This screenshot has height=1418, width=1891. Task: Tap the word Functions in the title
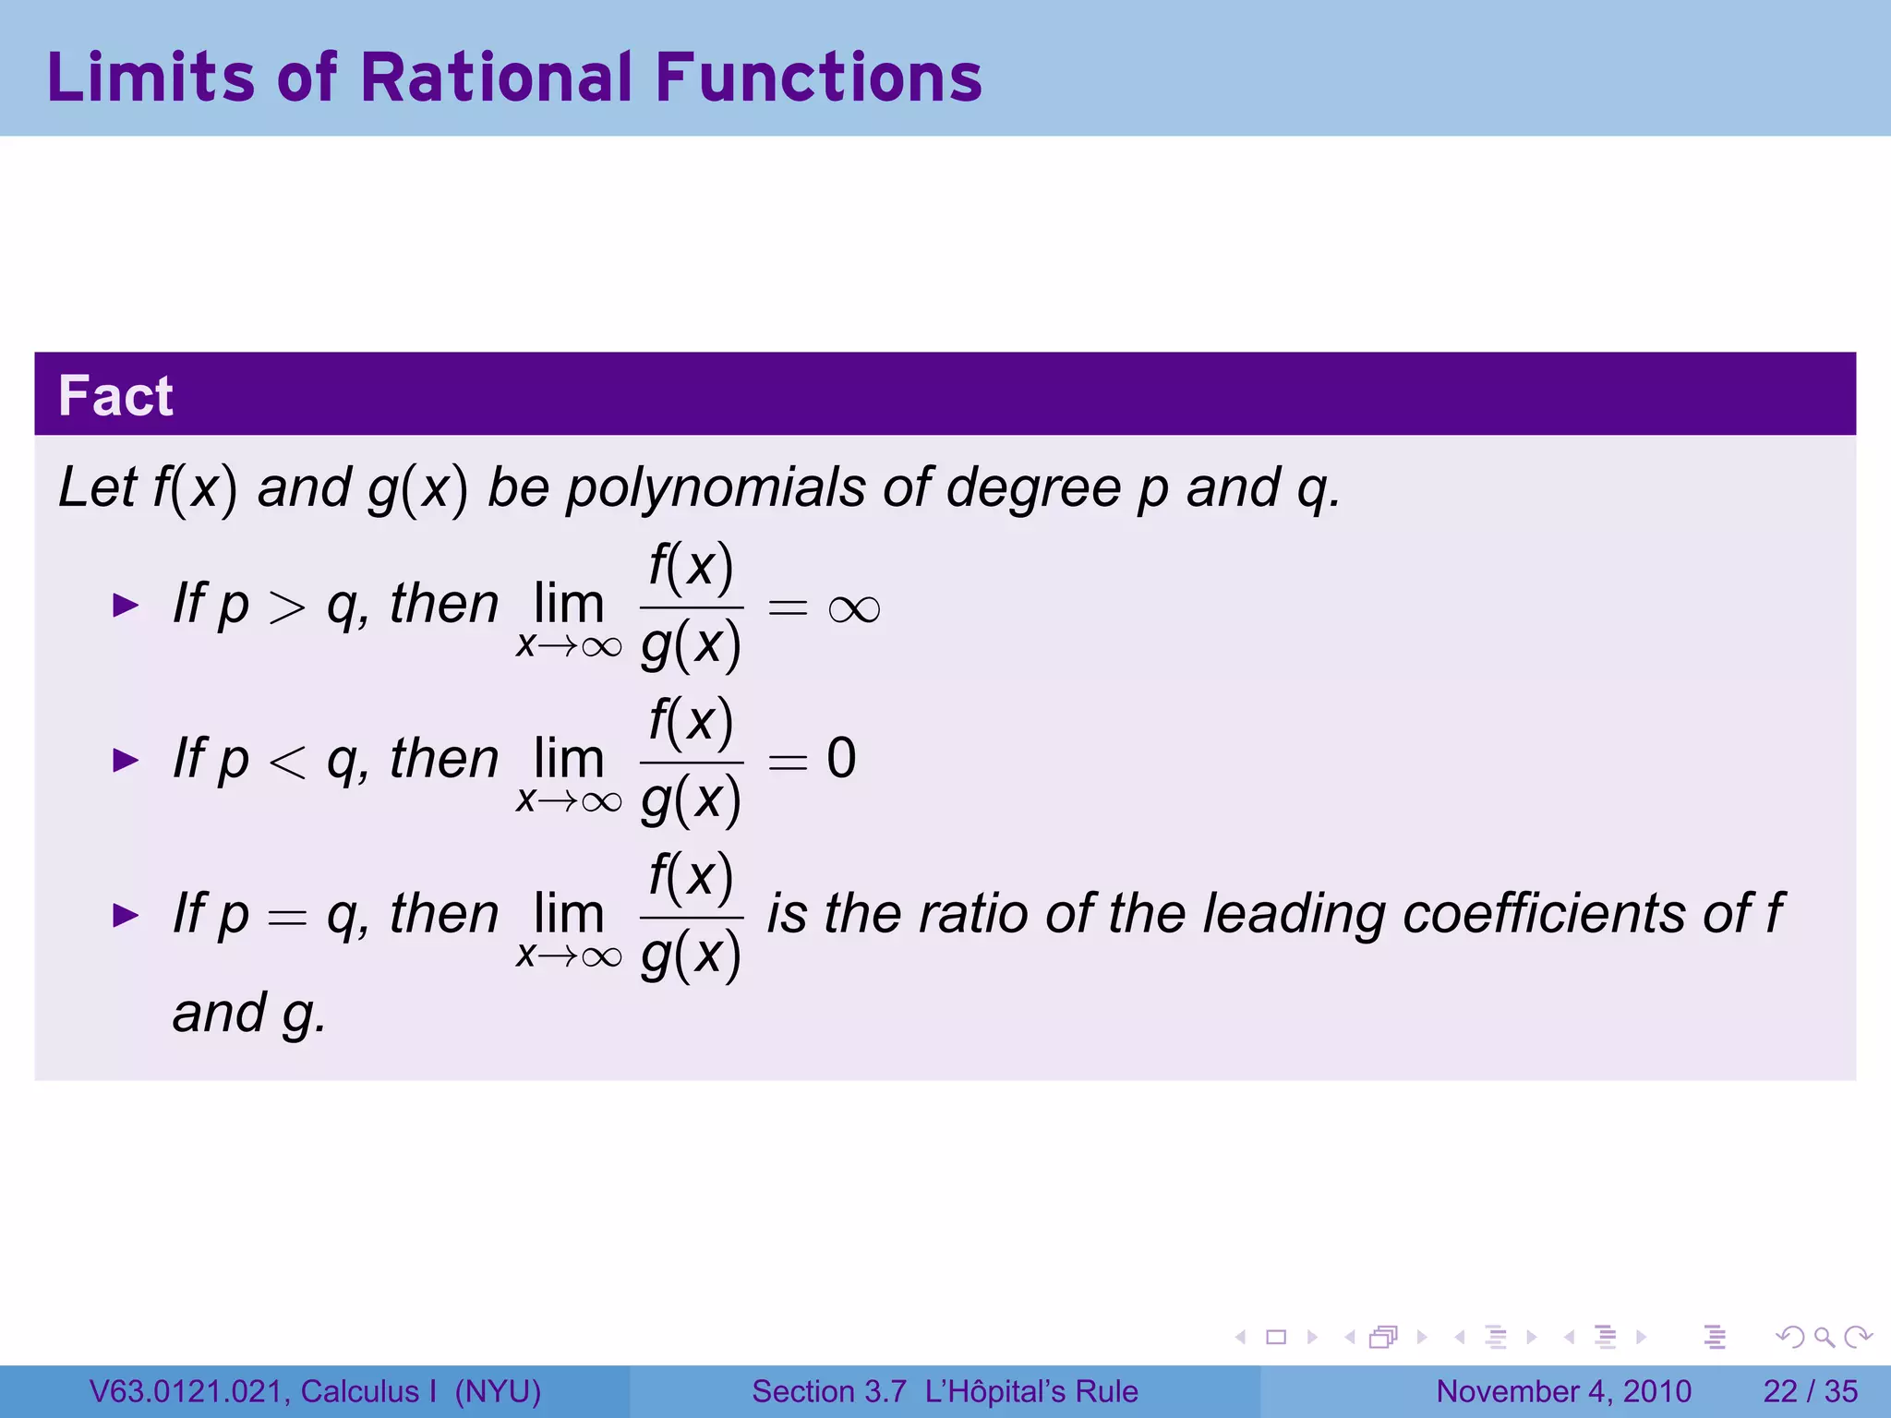click(819, 77)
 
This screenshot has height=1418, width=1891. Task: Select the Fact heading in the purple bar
click(115, 396)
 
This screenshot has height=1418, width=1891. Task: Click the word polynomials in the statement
click(716, 487)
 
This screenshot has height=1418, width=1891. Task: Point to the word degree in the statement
click(1033, 487)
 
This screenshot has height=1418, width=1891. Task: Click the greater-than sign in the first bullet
click(287, 607)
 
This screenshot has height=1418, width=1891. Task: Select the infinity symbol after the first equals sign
click(854, 609)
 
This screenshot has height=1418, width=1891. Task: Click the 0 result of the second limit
click(841, 759)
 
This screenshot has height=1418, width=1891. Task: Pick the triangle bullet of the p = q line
click(126, 916)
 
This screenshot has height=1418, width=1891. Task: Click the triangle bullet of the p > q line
click(126, 606)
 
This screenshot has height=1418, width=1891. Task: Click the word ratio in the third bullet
click(973, 914)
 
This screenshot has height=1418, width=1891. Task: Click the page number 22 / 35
click(1810, 1391)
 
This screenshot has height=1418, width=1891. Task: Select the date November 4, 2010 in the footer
click(1563, 1391)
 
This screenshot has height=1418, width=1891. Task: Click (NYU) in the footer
click(498, 1391)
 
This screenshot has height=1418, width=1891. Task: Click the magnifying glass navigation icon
click(1824, 1337)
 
